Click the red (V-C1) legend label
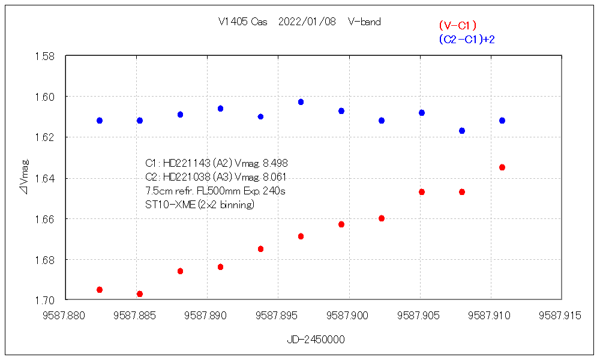(457, 25)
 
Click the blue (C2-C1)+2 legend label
(466, 39)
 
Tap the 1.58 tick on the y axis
(46, 56)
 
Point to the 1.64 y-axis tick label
(46, 178)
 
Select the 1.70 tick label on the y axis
(46, 300)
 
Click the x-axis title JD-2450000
(316, 340)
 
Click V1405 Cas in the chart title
(243, 22)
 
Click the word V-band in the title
(364, 22)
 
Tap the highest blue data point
(301, 102)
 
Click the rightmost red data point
(502, 167)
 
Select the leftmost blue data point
(100, 121)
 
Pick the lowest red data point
(140, 294)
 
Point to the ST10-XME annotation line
(200, 205)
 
